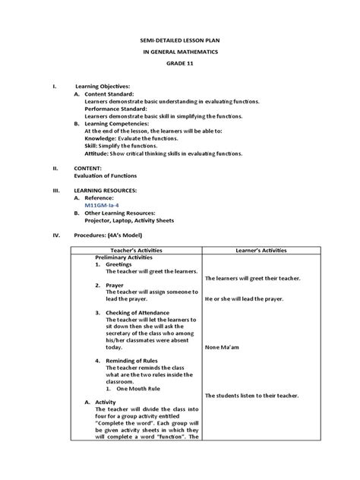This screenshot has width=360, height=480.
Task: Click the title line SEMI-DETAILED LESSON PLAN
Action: click(180, 37)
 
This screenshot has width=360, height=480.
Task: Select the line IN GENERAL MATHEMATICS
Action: click(180, 51)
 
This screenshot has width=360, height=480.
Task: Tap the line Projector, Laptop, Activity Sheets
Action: click(129, 221)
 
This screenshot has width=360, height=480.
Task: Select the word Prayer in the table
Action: click(115, 286)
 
